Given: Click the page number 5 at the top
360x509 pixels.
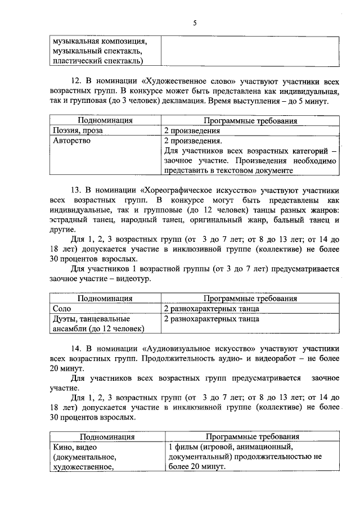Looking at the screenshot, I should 195,22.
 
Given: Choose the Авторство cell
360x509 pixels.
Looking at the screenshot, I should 71,141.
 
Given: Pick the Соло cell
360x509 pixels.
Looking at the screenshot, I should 62,309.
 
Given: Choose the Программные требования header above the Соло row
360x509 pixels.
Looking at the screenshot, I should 250,299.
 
